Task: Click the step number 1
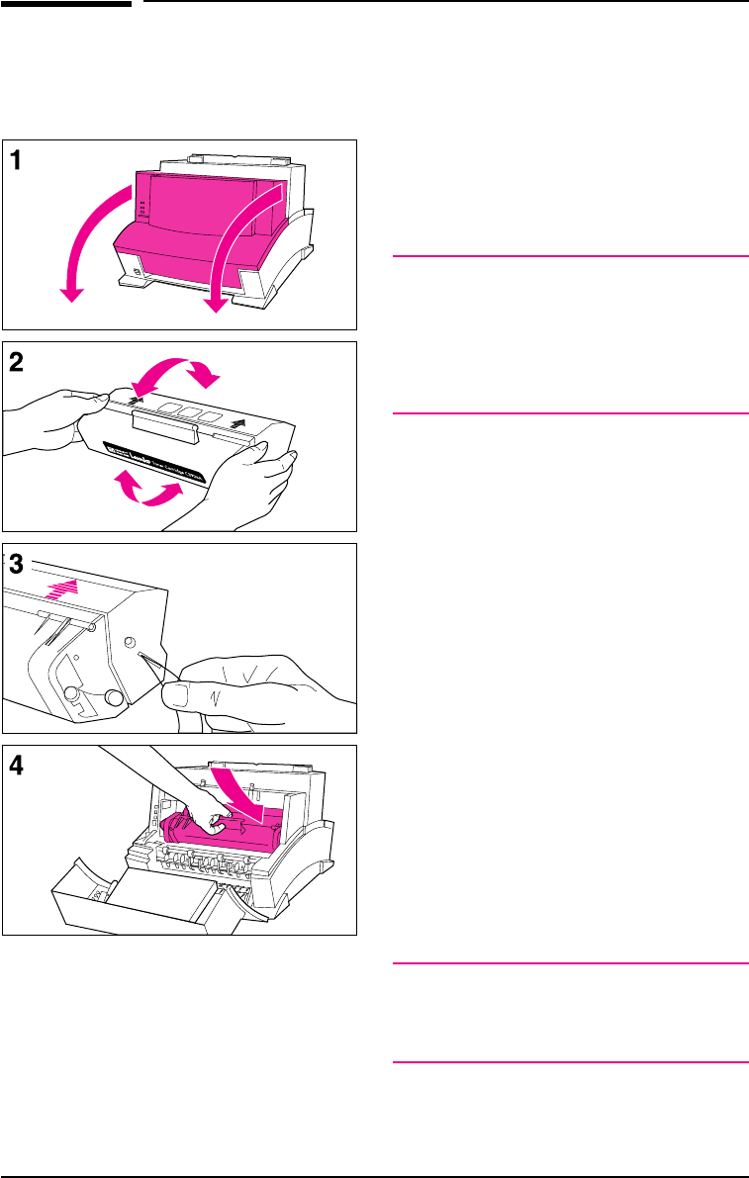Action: point(18,160)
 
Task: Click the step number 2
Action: point(18,362)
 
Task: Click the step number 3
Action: point(18,565)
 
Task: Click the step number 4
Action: point(18,767)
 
